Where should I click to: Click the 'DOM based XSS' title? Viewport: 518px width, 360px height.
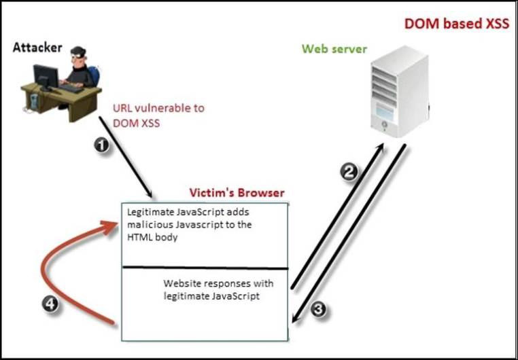[x=456, y=23]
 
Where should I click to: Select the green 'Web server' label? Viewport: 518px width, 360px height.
[x=334, y=49]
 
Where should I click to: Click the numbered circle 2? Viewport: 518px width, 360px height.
[x=349, y=173]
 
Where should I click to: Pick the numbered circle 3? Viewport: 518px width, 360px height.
[x=320, y=308]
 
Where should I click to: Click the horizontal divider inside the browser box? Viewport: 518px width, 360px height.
[x=204, y=268]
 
